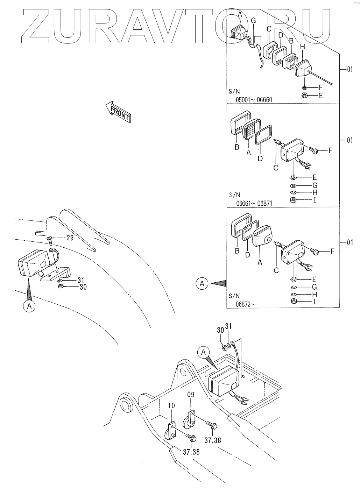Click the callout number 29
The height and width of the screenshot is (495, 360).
[x=70, y=238]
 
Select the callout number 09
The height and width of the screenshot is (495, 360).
[x=191, y=395]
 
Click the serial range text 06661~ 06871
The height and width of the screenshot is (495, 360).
[x=254, y=203]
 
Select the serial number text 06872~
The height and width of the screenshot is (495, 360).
[x=245, y=305]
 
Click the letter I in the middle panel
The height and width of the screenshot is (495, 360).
[x=315, y=200]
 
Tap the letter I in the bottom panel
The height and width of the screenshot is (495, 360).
[x=314, y=302]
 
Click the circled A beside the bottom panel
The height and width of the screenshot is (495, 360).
[x=202, y=284]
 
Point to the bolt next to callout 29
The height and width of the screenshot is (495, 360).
[x=49, y=240]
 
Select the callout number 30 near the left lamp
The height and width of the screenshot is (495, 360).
[x=83, y=287]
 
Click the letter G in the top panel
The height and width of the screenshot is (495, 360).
[x=253, y=21]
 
